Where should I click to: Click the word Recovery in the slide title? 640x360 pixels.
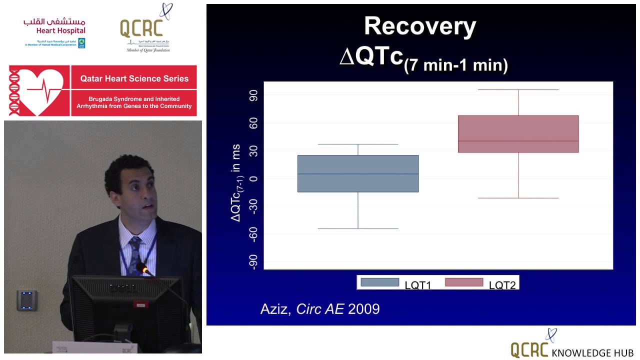point(420,26)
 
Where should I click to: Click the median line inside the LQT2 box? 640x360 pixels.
point(518,141)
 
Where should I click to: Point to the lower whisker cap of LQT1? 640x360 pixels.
point(358,228)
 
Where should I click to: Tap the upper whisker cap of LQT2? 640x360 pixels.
point(518,90)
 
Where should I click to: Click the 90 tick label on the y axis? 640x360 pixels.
point(254,95)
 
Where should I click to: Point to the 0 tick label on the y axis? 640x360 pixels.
point(254,178)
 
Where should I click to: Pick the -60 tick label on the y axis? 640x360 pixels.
point(254,233)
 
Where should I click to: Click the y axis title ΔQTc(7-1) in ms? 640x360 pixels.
point(235,183)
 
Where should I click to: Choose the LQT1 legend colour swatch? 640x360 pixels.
point(379,282)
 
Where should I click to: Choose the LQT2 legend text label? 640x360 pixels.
point(502,285)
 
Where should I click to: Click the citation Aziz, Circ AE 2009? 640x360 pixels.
point(320,309)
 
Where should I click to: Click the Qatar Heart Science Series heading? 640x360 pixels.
point(134,78)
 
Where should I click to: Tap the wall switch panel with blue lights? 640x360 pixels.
point(26,300)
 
